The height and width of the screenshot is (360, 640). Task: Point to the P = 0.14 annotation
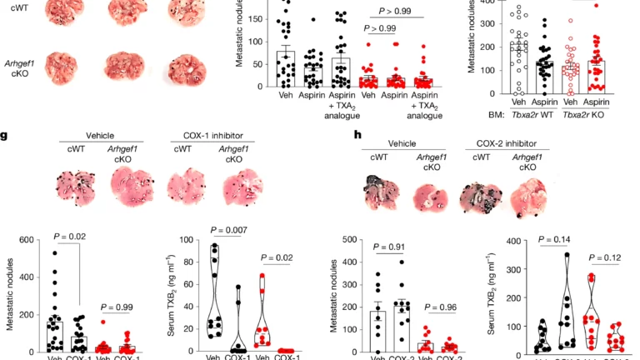[x=556, y=239]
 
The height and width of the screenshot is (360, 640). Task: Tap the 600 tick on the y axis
[x=36, y=241]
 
